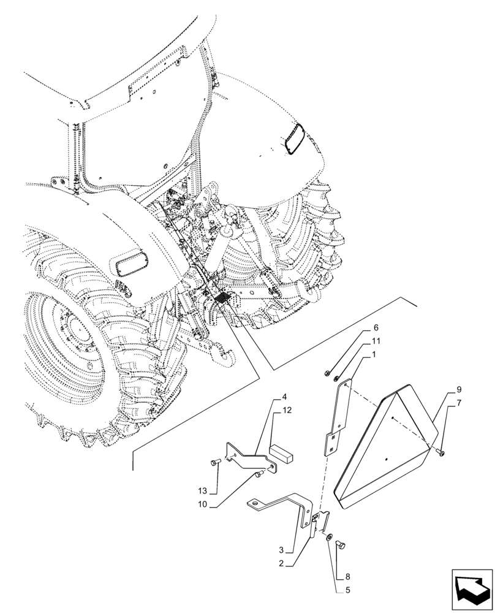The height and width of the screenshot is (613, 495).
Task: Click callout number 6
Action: (376, 328)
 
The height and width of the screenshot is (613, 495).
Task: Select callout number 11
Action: (376, 341)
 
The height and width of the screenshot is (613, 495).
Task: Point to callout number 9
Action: (458, 390)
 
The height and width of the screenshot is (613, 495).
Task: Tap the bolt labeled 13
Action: (214, 463)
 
